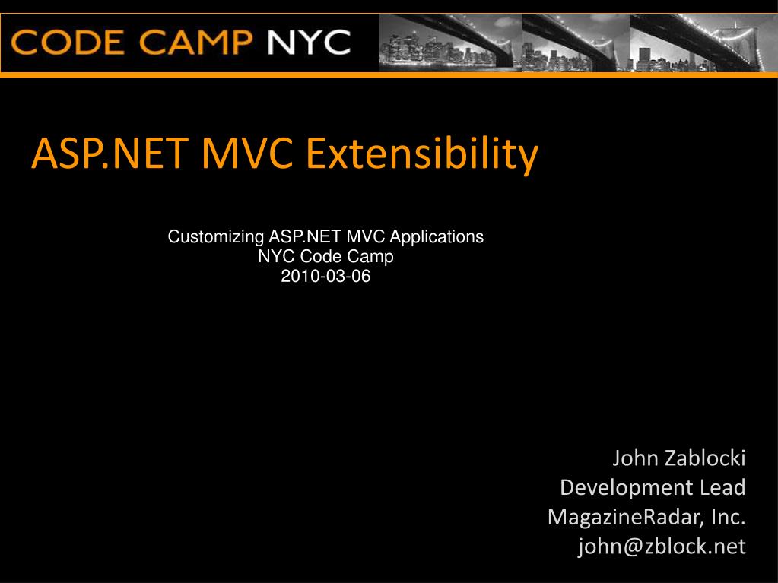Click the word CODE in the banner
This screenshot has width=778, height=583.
pos(68,42)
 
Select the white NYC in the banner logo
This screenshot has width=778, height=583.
pos(309,42)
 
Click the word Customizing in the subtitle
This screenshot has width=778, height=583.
pos(216,237)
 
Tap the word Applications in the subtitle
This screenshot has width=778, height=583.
pos(437,237)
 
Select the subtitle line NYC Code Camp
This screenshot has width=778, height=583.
pos(325,256)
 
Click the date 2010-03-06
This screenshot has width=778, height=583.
pos(325,276)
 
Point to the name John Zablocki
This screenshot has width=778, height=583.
pos(679,458)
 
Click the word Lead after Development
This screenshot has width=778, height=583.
pos(722,487)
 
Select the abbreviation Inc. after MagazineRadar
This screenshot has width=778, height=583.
pos(729,517)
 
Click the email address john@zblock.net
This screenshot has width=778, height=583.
pos(662,547)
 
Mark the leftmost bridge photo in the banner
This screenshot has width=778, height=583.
pos(450,43)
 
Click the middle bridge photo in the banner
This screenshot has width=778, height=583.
pos(576,43)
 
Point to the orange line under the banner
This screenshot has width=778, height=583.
pos(389,74)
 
